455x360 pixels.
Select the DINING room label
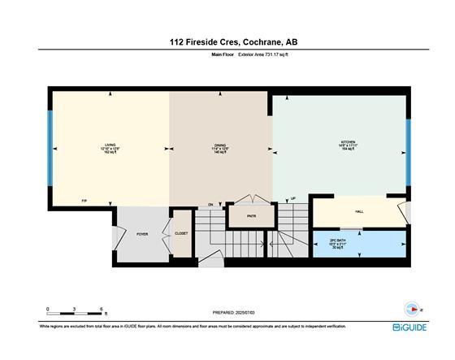(x=219, y=145)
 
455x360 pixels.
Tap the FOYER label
(x=142, y=234)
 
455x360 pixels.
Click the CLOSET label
(x=181, y=233)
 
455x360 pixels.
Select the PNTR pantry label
(x=253, y=216)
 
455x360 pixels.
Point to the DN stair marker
(x=210, y=204)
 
